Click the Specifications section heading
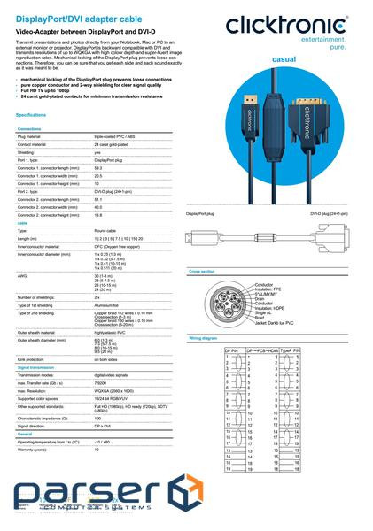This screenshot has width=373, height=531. [31, 115]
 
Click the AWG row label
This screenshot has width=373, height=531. [22, 276]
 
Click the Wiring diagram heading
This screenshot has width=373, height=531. [204, 339]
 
